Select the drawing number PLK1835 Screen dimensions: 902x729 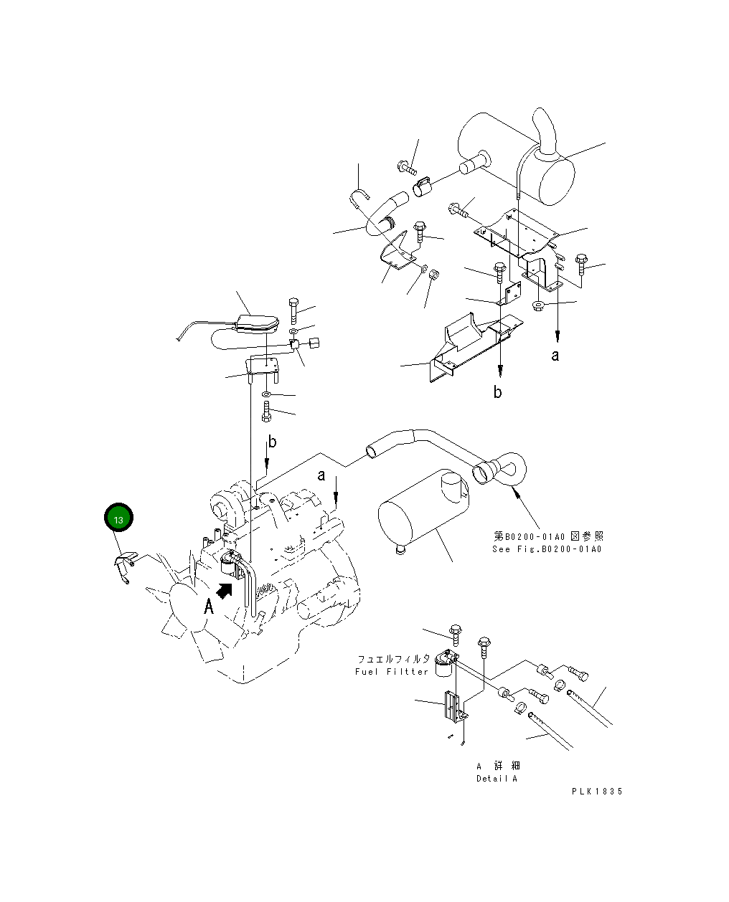click(x=596, y=792)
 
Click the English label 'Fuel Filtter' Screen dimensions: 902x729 click(x=392, y=672)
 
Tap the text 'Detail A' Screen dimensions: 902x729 click(x=497, y=779)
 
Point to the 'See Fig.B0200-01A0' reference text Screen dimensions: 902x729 click(x=547, y=549)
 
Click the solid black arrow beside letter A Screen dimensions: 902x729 click(x=225, y=589)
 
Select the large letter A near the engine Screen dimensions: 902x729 click(x=209, y=607)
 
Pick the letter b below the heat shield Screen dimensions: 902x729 click(x=497, y=392)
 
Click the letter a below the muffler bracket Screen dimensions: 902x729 click(x=555, y=355)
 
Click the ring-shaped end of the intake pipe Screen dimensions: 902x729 click(x=511, y=468)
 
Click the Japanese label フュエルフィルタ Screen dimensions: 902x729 click(x=393, y=658)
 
